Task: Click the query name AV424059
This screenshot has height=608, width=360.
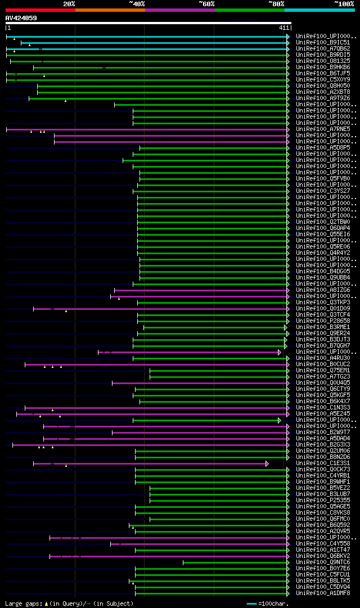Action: tap(21, 18)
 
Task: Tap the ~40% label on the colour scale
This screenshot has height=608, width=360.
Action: tap(137, 4)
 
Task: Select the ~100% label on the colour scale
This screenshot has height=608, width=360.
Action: tap(344, 4)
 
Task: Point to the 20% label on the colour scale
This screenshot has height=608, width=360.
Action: tap(69, 4)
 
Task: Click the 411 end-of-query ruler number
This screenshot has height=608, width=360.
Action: tap(283, 28)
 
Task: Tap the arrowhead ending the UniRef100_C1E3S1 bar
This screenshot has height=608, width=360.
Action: tap(267, 463)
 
